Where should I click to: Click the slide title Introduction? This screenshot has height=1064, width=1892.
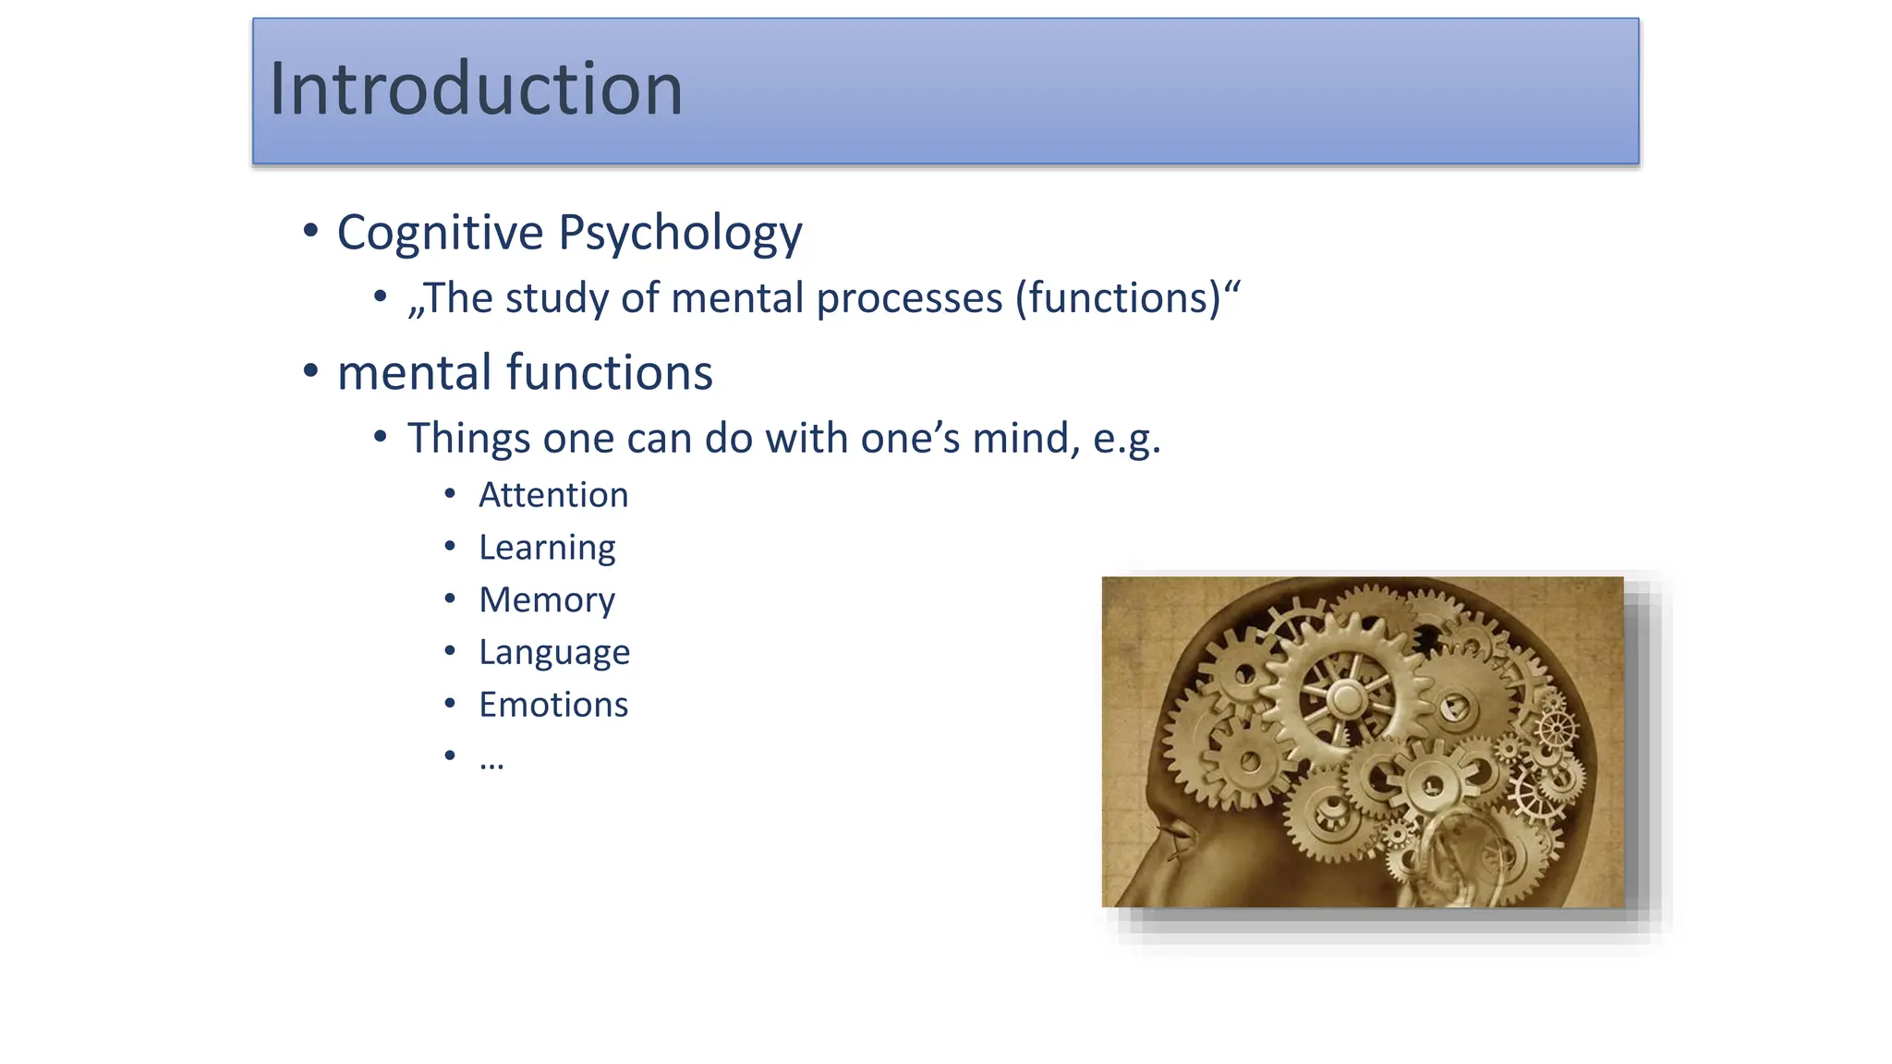[476, 90]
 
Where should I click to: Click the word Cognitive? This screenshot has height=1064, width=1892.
[440, 233]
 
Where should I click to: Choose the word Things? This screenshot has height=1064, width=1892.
[468, 439]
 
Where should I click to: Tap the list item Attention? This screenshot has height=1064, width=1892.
[552, 495]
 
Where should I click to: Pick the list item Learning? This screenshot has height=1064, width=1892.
[547, 548]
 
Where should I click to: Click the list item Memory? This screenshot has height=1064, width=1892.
[547, 600]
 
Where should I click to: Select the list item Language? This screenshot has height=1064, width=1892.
[554, 653]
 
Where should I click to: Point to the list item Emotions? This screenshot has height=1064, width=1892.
[552, 705]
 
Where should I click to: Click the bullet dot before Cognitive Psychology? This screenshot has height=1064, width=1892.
[310, 230]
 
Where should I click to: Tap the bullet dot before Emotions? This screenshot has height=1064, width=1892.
[450, 704]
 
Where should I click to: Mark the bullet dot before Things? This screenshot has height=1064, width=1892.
[381, 437]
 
